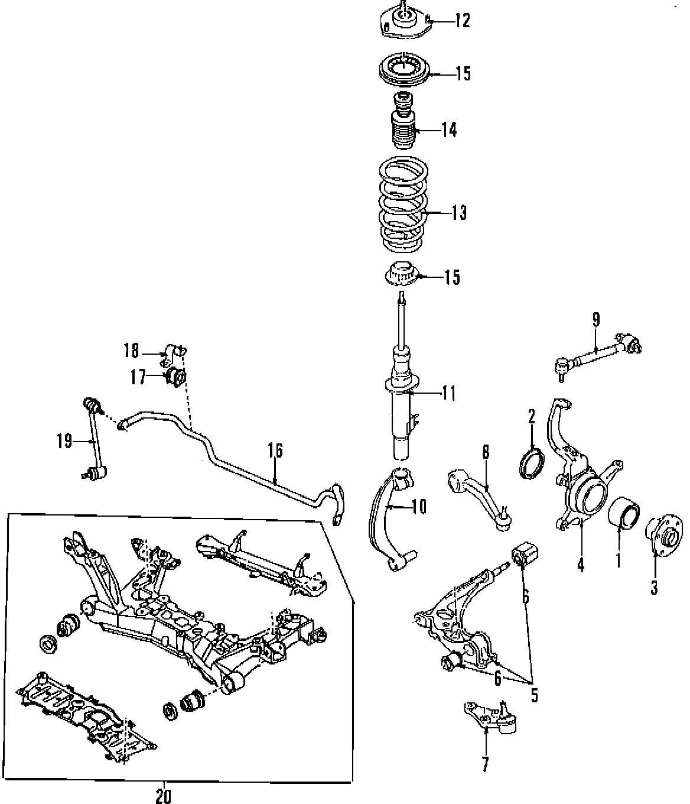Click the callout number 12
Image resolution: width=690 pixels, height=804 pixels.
coord(462,21)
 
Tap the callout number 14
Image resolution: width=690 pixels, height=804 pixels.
coord(449,129)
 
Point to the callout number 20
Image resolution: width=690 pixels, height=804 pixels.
coord(164,796)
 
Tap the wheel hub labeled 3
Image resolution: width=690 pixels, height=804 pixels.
coord(665,536)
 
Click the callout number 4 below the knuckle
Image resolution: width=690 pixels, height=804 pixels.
coord(581,565)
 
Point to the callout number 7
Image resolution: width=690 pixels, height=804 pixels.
coord(485,764)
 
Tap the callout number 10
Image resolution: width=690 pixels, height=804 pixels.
coord(418,507)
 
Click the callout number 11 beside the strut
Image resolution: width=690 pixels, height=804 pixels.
coord(449,393)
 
